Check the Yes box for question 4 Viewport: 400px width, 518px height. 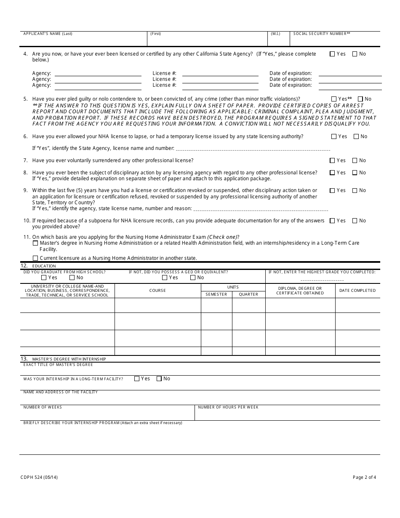[x=332, y=54]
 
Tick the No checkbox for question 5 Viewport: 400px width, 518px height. [x=360, y=99]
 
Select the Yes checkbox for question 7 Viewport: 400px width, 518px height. [x=332, y=160]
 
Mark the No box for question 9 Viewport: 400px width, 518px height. [x=355, y=190]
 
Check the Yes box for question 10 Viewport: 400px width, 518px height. [x=332, y=221]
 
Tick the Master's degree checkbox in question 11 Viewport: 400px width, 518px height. [x=35, y=243]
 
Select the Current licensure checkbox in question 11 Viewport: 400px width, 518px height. [x=35, y=258]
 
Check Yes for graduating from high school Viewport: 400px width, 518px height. [x=44, y=278]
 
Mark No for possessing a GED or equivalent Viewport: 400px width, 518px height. [x=193, y=278]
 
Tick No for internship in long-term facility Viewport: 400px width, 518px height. [x=159, y=379]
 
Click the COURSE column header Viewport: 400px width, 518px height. [x=157, y=291]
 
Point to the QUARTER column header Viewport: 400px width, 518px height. [x=248, y=294]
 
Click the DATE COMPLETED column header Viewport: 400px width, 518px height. [x=357, y=291]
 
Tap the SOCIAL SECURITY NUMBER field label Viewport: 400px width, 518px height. [x=322, y=34]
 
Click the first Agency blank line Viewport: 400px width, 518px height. [x=98, y=74]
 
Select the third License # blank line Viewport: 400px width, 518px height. [x=220, y=85]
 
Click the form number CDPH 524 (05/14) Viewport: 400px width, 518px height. [x=37, y=477]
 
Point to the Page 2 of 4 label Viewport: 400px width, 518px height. [x=364, y=477]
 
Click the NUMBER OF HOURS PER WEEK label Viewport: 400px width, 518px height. [x=228, y=407]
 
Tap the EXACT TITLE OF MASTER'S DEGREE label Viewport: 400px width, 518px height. [x=58, y=365]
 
